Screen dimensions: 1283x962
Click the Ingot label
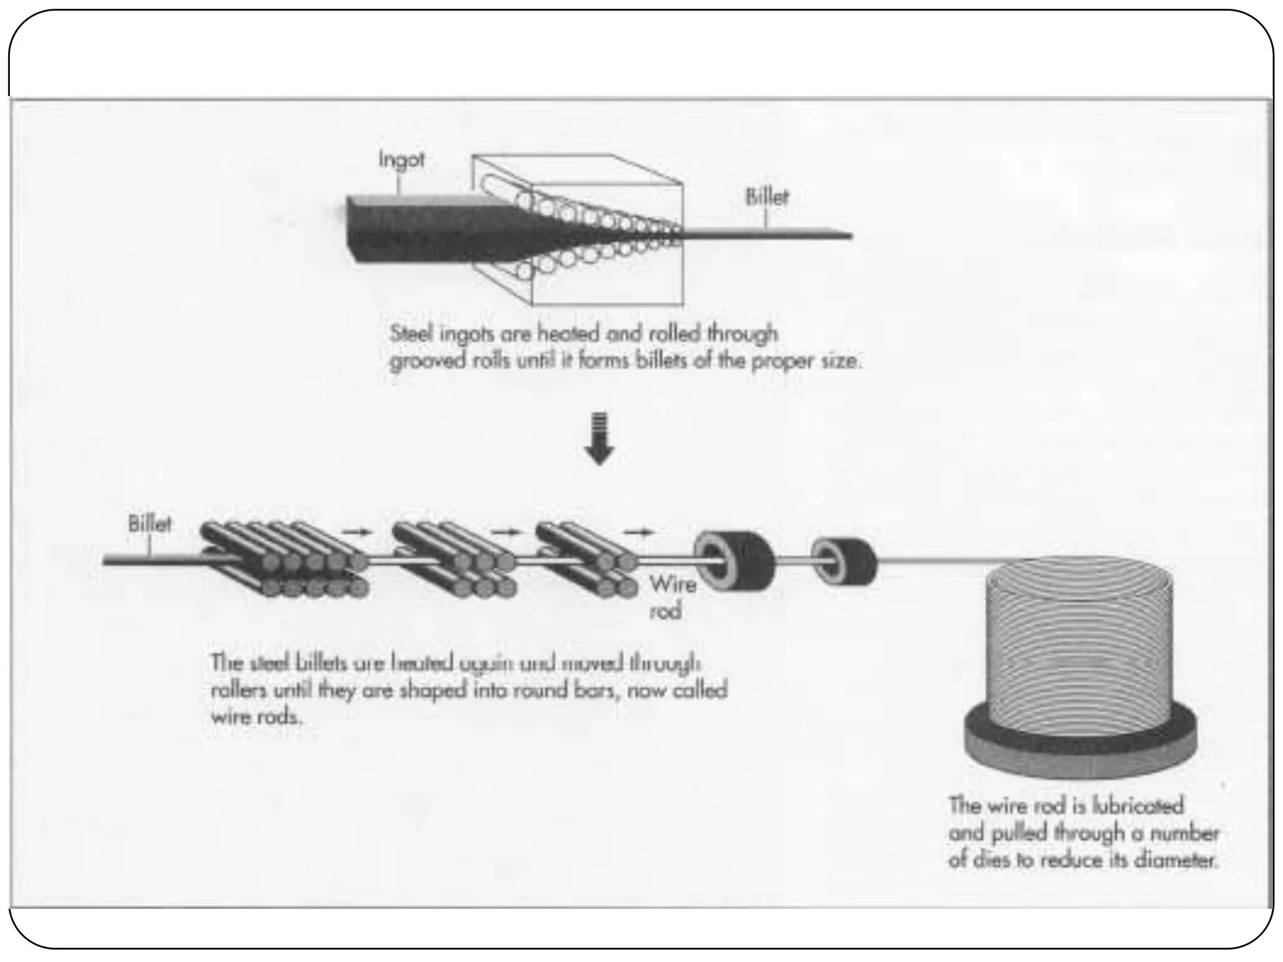click(x=401, y=160)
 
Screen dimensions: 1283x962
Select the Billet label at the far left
click(x=149, y=524)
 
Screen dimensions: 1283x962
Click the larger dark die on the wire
click(x=734, y=559)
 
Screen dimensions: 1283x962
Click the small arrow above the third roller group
click(x=638, y=532)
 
